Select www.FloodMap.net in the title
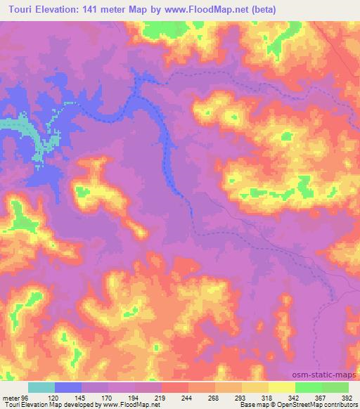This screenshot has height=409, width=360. pyautogui.click(x=204, y=10)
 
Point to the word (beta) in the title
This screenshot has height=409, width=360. pyautogui.click(x=262, y=10)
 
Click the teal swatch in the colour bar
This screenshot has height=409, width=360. pyautogui.click(x=41, y=387)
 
